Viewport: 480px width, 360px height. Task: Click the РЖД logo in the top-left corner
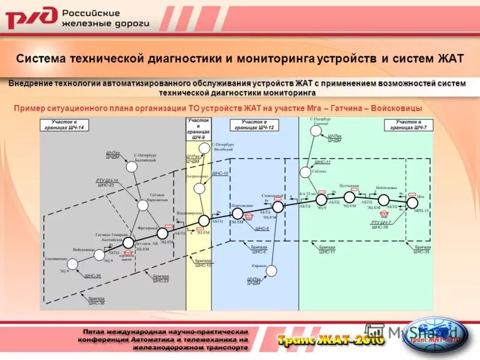31,18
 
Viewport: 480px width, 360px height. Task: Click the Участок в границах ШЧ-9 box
198,129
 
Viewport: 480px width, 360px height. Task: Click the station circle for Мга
412,202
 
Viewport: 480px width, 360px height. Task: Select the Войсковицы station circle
100,255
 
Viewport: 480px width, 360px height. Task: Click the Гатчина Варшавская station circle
143,205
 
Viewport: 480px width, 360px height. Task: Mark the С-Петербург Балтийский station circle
131,166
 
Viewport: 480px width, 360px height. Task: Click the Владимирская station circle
205,221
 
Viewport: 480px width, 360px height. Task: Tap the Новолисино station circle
238,213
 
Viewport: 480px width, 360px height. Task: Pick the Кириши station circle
271,271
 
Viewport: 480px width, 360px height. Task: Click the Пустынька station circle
349,196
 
